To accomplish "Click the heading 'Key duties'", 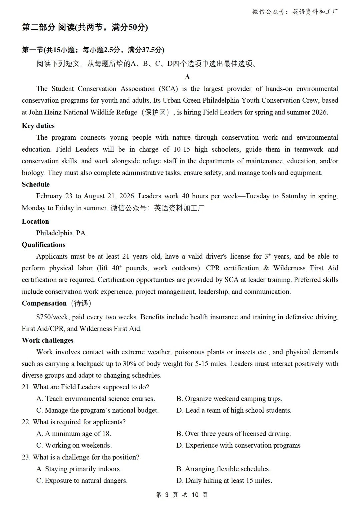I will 38,126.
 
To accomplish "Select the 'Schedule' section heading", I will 36,184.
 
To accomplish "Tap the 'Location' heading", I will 35,221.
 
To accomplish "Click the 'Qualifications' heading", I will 44,245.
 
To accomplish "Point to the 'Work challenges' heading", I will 48,340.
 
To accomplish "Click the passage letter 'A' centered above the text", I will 187,77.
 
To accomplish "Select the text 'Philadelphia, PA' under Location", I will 61,233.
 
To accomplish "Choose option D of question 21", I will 234,410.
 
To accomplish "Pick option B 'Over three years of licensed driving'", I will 233,434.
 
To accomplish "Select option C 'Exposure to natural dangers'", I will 82,481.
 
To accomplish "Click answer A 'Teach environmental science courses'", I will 96,399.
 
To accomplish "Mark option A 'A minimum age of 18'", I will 74,434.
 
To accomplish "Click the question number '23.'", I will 26,457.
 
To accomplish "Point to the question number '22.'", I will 26,422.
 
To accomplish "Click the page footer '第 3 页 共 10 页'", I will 182,495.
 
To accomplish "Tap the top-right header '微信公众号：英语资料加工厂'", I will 295,12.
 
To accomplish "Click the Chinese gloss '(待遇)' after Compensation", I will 81,303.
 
